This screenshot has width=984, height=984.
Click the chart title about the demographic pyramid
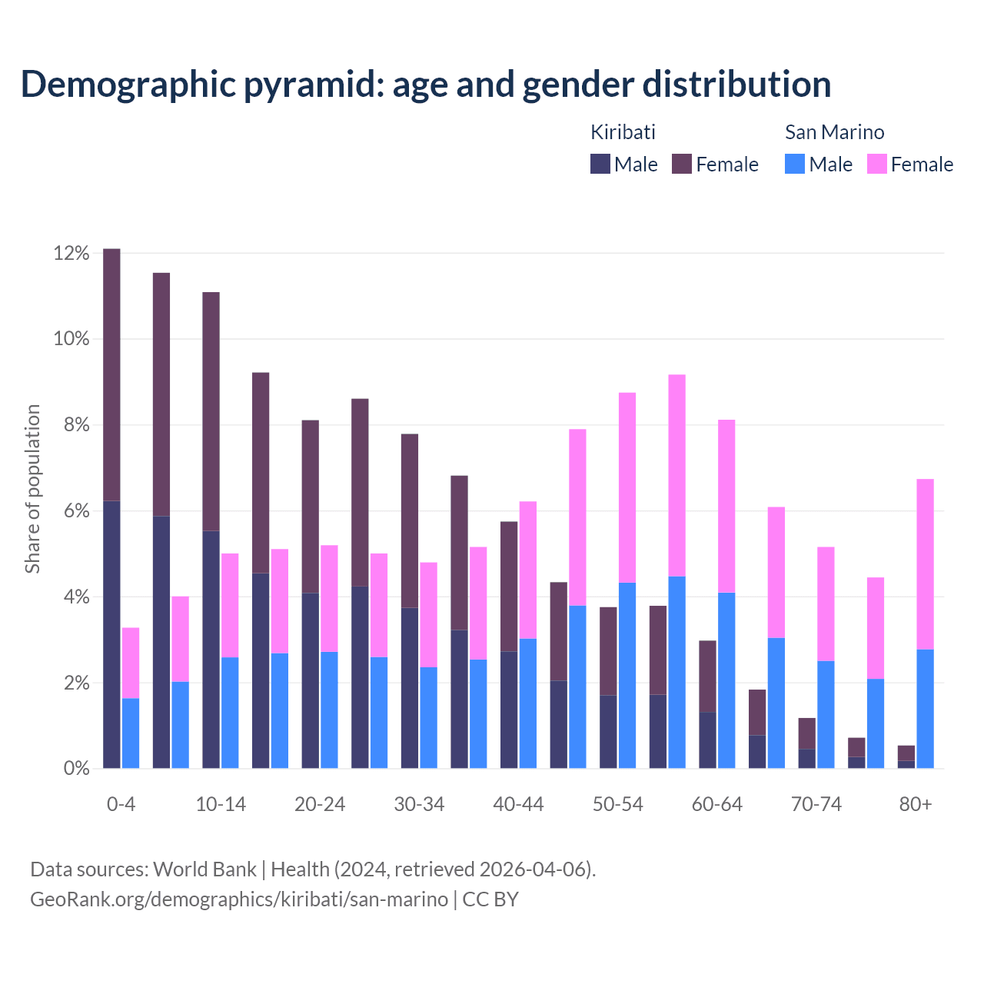click(x=425, y=85)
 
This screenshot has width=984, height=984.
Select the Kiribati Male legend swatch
click(x=600, y=164)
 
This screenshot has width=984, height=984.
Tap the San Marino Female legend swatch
click(x=876, y=164)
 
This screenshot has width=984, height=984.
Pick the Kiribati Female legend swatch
click(x=682, y=164)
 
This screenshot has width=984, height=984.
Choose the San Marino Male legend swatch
click(x=795, y=164)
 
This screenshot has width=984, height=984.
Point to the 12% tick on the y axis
click(x=71, y=253)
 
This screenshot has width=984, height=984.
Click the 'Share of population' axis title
click(x=32, y=489)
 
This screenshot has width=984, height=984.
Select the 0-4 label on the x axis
click(x=121, y=804)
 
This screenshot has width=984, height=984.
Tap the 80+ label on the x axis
click(x=916, y=804)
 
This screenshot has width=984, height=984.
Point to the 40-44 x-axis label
click(x=518, y=804)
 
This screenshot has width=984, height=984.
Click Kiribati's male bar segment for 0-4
click(x=111, y=634)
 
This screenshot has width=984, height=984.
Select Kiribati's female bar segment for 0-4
click(x=111, y=374)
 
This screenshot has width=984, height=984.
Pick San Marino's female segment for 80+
click(x=925, y=563)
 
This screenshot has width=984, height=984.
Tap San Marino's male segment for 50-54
click(x=627, y=675)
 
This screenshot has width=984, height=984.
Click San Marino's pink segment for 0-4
click(x=131, y=663)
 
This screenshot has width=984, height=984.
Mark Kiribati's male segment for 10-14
click(x=211, y=649)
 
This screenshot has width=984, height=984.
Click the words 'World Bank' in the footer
click(x=204, y=869)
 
